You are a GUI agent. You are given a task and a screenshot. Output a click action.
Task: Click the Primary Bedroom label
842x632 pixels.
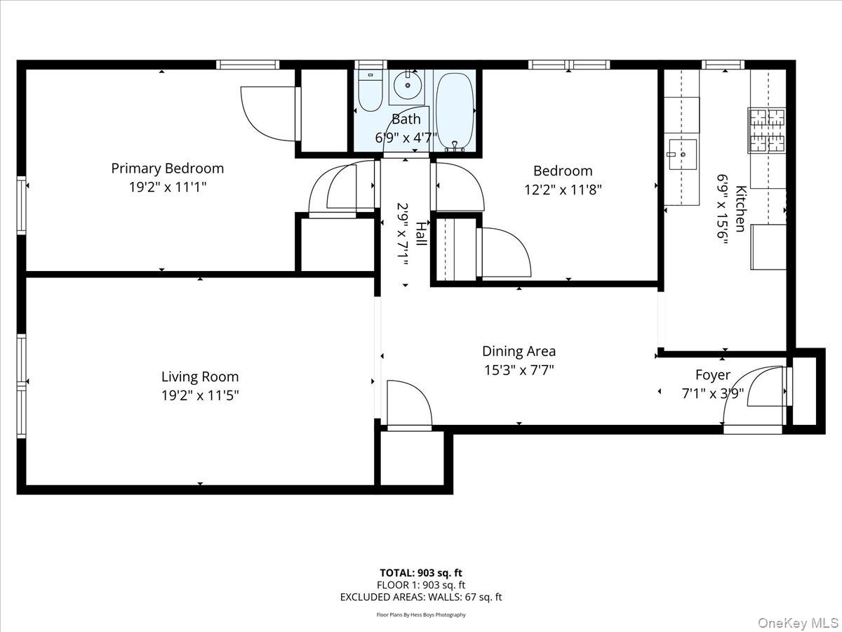[x=167, y=169]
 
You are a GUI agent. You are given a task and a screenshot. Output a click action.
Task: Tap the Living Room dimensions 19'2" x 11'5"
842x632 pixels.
[x=200, y=395]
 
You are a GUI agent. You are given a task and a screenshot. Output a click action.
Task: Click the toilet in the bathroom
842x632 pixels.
[x=369, y=91]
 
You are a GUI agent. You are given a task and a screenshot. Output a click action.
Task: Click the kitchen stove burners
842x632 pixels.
[x=766, y=130]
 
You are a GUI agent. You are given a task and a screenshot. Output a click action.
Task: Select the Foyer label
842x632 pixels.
[x=712, y=375]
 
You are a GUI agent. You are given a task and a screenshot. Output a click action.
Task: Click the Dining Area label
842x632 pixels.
[x=519, y=351]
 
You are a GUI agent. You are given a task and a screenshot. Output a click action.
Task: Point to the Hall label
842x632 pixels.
[x=420, y=234]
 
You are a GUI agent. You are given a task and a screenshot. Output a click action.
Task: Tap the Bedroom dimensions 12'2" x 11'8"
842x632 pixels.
[x=563, y=190]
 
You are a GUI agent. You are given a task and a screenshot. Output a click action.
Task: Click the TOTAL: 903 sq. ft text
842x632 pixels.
[x=420, y=572]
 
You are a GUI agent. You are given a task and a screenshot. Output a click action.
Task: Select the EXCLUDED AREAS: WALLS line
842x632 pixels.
[x=420, y=598]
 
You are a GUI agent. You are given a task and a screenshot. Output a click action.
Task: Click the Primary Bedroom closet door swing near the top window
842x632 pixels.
[x=268, y=112]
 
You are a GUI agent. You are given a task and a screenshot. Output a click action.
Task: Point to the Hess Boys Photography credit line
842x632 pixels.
[x=420, y=615]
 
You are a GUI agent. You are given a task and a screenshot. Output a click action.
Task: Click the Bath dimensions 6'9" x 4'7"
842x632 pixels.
[x=406, y=138]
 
